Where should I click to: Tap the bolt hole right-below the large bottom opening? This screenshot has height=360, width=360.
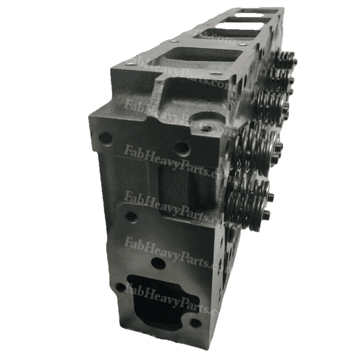pyautogui.click(x=195, y=323)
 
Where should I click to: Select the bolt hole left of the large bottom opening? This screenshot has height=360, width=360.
pyautogui.click(x=120, y=287)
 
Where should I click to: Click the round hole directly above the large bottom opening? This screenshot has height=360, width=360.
pyautogui.click(x=159, y=263)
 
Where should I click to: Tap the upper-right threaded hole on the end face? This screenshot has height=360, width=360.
pyautogui.click(x=181, y=148)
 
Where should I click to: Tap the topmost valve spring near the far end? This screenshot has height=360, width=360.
pyautogui.click(x=287, y=59)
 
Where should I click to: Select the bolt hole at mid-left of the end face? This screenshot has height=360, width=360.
pyautogui.click(x=130, y=216)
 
